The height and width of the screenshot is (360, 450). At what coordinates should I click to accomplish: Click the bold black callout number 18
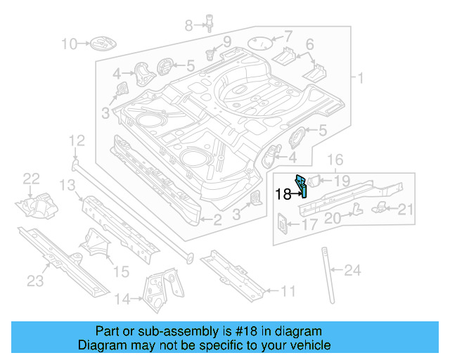pos(283,194)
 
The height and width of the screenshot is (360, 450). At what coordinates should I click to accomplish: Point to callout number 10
pos(69,45)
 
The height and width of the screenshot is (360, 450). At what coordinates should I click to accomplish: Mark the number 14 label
pos(122,300)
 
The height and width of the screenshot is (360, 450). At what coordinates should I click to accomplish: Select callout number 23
pos(35,281)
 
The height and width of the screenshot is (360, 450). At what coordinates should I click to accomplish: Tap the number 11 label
pos(288,290)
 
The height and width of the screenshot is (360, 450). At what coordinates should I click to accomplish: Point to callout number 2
pos(217,221)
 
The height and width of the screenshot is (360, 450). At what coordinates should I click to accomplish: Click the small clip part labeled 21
pos(380,205)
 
